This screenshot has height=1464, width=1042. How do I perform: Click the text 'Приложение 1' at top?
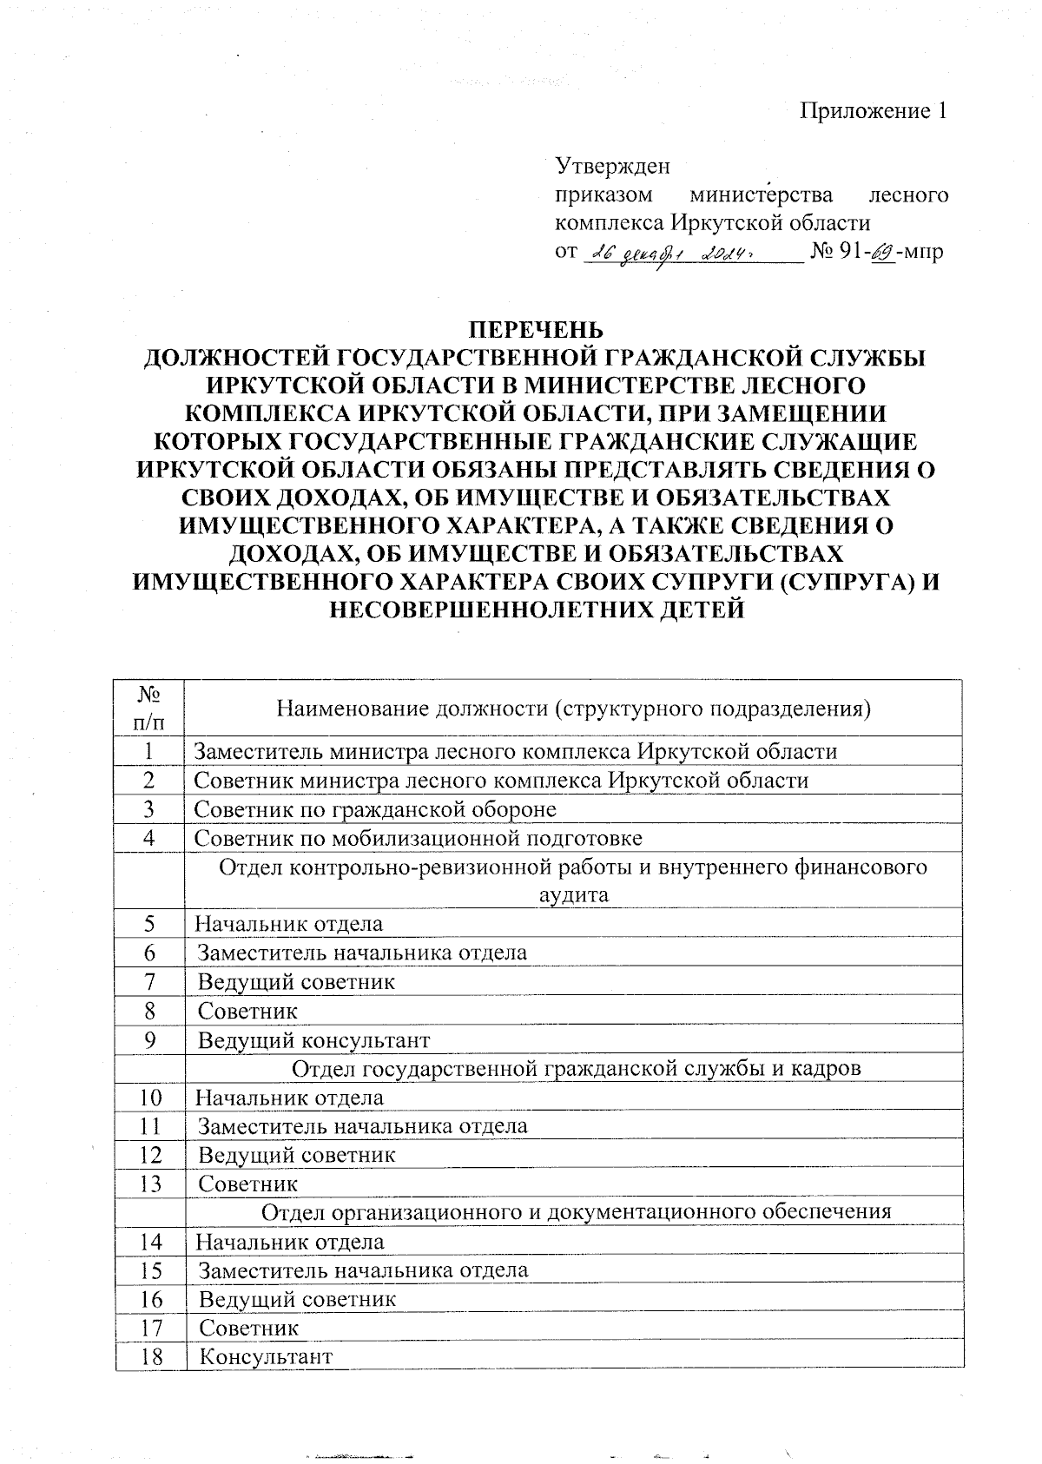pos(873,111)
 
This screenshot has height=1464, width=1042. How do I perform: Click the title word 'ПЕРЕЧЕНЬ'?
pos(535,331)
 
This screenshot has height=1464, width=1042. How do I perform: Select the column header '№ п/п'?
pos(149,707)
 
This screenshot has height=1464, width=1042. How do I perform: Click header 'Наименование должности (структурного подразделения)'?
pos(573,709)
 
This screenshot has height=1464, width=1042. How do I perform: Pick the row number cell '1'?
pos(149,751)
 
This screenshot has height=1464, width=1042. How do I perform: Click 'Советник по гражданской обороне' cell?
pos(374,809)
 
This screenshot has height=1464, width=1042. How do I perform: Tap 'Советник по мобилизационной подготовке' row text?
pos(418,838)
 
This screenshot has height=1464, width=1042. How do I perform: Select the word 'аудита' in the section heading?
pos(573,895)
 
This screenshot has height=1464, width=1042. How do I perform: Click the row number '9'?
pos(149,1039)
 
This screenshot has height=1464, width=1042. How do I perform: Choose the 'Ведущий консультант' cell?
pos(313,1039)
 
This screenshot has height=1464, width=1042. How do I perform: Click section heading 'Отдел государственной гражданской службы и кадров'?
pos(577,1068)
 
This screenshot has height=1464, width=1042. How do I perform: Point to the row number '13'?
pos(149,1184)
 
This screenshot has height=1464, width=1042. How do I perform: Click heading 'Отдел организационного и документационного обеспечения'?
pos(577,1212)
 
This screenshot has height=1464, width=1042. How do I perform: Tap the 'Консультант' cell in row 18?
pos(266,1356)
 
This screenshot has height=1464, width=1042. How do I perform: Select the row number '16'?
pos(149,1299)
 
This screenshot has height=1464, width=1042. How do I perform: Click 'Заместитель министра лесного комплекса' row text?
pos(515,751)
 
